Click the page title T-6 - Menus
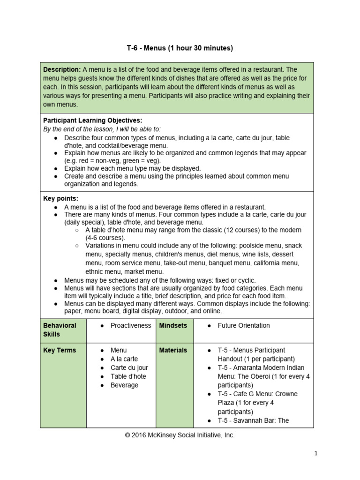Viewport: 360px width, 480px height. pyautogui.click(x=180, y=48)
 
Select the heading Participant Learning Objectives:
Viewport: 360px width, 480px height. pyautogui.click(x=92, y=120)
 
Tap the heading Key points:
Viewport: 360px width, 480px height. pyautogui.click(x=61, y=198)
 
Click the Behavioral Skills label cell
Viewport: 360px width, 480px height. pyautogui.click(x=63, y=330)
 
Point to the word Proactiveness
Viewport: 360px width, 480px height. pyautogui.click(x=131, y=325)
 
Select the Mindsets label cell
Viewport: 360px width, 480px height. pyautogui.click(x=173, y=325)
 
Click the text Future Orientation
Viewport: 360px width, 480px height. pyautogui.click(x=244, y=325)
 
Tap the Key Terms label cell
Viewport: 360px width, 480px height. pyautogui.click(x=60, y=350)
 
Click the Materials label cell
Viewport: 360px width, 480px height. pyautogui.click(x=173, y=350)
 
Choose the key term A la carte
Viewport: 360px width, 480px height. pyautogui.click(x=124, y=359)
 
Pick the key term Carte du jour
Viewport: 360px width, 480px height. pyautogui.click(x=129, y=367)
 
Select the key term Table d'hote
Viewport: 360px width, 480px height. pyautogui.click(x=128, y=376)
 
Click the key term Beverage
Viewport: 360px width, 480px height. pyautogui.click(x=124, y=385)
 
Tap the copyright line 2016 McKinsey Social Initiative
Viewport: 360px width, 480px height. pyautogui.click(x=180, y=435)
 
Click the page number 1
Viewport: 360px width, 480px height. pyautogui.click(x=316, y=453)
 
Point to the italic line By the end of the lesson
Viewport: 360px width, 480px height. pyautogui.click(x=102, y=129)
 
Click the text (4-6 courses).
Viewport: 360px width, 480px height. pyautogui.click(x=105, y=238)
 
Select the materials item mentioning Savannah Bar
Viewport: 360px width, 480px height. pyautogui.click(x=253, y=420)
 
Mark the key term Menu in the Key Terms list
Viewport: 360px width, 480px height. pyautogui.click(x=119, y=350)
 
